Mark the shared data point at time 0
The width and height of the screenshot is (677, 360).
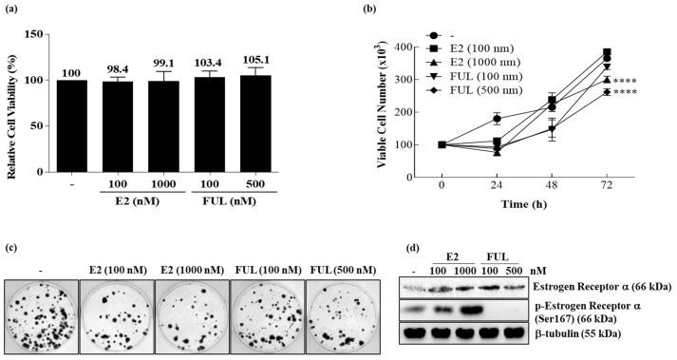[x=442, y=145]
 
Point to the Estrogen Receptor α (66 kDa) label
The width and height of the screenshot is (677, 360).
[x=606, y=281]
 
